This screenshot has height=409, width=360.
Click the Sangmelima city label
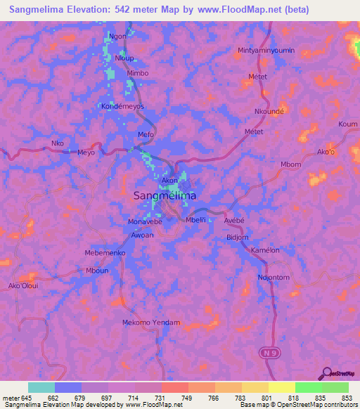(x=165, y=197)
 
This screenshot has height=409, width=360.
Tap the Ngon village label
(x=118, y=36)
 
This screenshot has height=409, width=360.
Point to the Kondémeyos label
(x=123, y=106)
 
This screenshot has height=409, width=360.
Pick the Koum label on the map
(x=348, y=124)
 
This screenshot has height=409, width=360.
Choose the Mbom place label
(x=290, y=165)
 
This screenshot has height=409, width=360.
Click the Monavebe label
(x=146, y=221)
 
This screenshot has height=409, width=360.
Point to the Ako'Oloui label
(x=23, y=286)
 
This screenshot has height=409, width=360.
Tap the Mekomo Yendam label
(x=151, y=323)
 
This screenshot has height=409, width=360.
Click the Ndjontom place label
(x=274, y=278)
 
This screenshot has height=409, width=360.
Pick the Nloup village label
(x=124, y=58)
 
